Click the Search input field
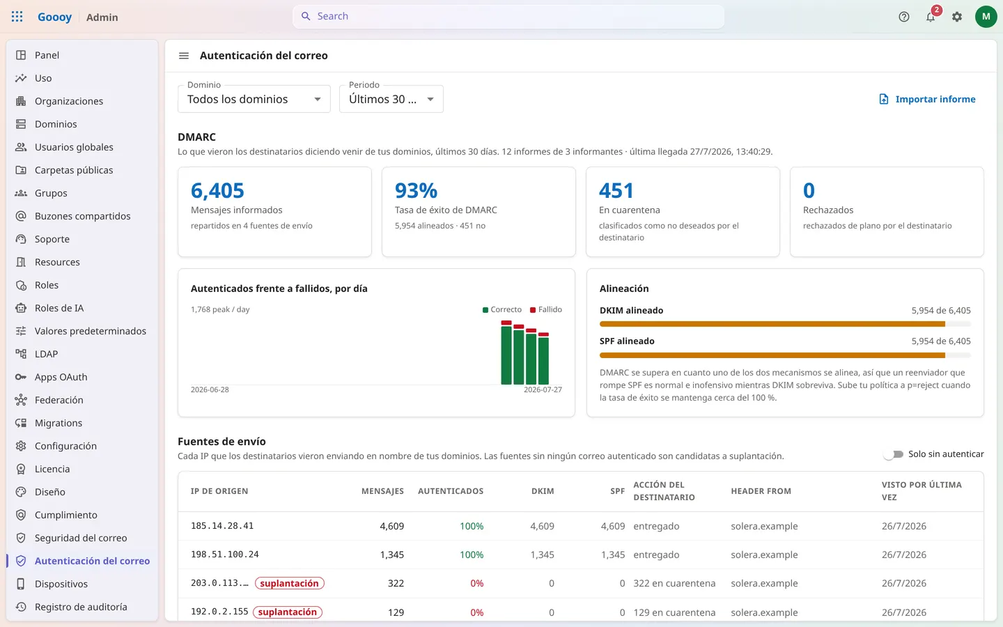(x=508, y=16)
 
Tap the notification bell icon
(x=931, y=17)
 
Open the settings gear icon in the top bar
(x=957, y=17)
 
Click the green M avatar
(x=986, y=17)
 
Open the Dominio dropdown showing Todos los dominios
(x=254, y=99)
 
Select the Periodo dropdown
(x=391, y=99)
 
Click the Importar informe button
(x=927, y=99)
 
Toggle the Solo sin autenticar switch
(x=894, y=454)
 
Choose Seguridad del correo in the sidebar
(x=81, y=538)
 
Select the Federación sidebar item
(x=59, y=400)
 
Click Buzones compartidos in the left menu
(x=82, y=216)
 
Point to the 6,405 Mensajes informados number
(x=217, y=190)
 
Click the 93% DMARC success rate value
(x=416, y=190)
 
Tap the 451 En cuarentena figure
(x=616, y=190)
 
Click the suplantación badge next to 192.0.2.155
(x=288, y=612)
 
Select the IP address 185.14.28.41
(x=222, y=526)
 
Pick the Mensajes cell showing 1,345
(x=391, y=555)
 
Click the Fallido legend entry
(x=546, y=309)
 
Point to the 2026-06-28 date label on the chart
(x=210, y=389)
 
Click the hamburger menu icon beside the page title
(x=184, y=56)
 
